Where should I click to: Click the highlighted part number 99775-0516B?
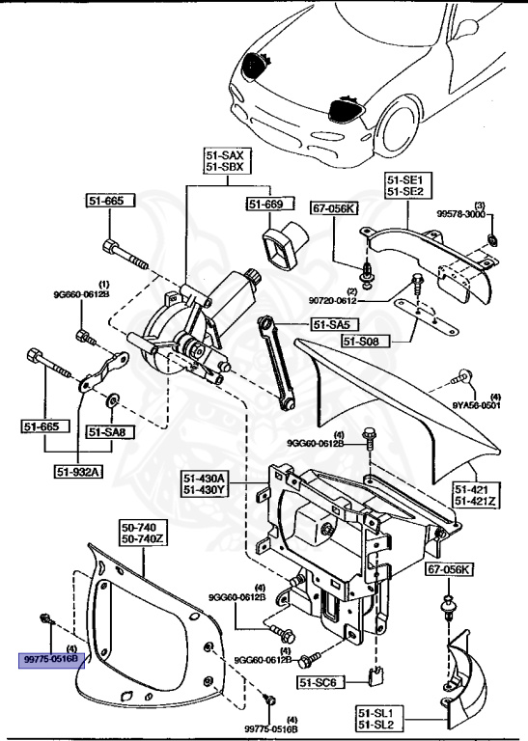54,660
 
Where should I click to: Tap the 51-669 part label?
264,205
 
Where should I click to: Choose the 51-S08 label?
364,341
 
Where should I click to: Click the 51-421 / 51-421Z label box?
475,495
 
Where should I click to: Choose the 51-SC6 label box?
319,682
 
